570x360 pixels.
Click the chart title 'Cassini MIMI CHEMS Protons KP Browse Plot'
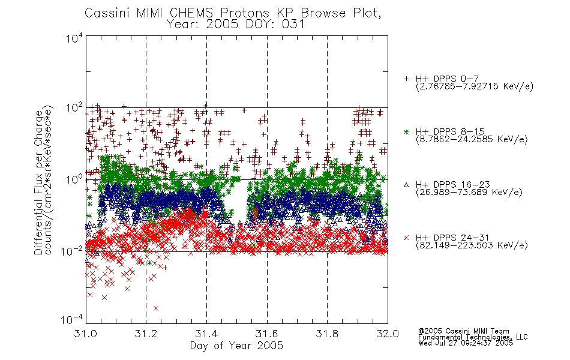point(232,13)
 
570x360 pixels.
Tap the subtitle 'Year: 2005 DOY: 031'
point(236,24)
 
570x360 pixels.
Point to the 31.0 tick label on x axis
point(86,334)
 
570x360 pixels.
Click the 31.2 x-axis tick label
point(146,334)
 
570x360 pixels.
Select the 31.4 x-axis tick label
point(207,334)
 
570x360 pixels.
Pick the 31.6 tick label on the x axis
point(267,334)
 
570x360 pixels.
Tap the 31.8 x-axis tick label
point(327,334)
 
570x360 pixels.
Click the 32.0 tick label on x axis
point(388,334)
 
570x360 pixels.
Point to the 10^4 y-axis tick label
point(74,38)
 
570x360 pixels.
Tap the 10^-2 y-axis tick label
point(72,251)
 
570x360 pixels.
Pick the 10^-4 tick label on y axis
point(72,320)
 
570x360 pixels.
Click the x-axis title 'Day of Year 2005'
point(236,346)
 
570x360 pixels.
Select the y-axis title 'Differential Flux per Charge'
point(38,183)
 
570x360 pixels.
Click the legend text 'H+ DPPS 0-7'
point(447,79)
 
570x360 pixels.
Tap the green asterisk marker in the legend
point(406,132)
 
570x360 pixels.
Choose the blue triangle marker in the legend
point(406,185)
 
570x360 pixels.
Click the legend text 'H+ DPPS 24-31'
point(452,238)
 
